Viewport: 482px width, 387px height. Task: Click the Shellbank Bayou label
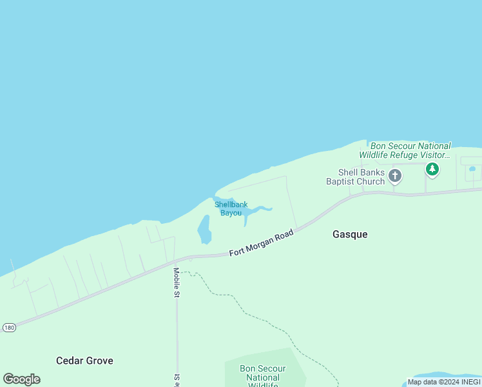point(231,208)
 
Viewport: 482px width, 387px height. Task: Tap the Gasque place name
point(350,234)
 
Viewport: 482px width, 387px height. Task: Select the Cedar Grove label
point(84,361)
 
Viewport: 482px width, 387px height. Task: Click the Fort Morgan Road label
point(261,243)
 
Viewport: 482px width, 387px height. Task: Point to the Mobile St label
point(176,283)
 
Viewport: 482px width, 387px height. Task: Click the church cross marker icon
point(395,175)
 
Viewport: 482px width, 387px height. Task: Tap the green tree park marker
point(432,170)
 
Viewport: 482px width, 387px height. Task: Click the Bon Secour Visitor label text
point(405,150)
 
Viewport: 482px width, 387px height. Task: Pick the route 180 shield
point(8,327)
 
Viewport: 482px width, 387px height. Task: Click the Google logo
point(22,379)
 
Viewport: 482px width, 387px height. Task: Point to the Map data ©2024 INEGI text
point(444,382)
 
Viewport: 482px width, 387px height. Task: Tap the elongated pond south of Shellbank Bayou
point(204,230)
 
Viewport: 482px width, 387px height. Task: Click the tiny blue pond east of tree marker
point(472,169)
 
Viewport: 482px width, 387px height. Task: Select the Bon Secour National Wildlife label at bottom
point(263,377)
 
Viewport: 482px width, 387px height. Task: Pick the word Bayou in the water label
point(231,213)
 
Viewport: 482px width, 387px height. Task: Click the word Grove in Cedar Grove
point(100,361)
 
